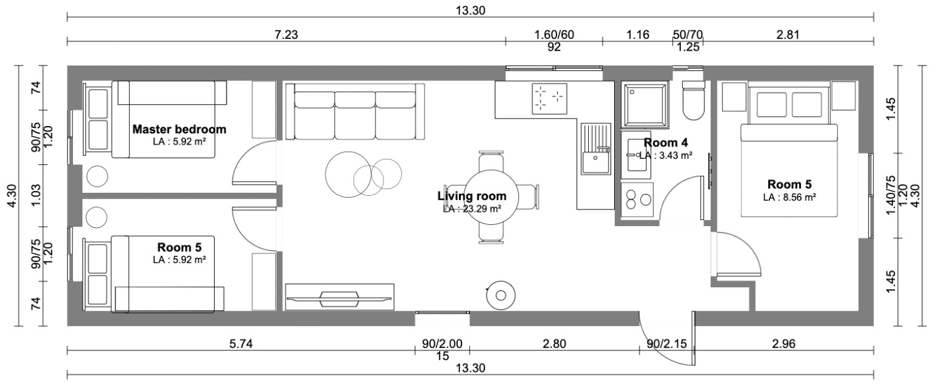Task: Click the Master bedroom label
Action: (179, 129)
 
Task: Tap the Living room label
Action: (472, 196)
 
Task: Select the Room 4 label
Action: (666, 143)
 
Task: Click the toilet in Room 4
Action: (694, 100)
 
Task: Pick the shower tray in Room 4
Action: (645, 104)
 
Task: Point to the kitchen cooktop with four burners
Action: (550, 98)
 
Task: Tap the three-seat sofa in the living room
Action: (356, 111)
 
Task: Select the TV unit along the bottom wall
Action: (340, 297)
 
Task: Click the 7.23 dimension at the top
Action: (286, 35)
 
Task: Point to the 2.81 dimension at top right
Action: (787, 35)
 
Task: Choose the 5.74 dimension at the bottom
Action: (241, 344)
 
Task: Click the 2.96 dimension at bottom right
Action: (784, 344)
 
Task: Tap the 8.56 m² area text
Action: (790, 197)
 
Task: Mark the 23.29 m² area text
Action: (472, 209)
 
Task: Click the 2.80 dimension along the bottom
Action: (554, 344)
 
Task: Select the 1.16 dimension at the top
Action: (638, 35)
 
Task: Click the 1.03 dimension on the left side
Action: (36, 196)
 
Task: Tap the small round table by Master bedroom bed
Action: (97, 176)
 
